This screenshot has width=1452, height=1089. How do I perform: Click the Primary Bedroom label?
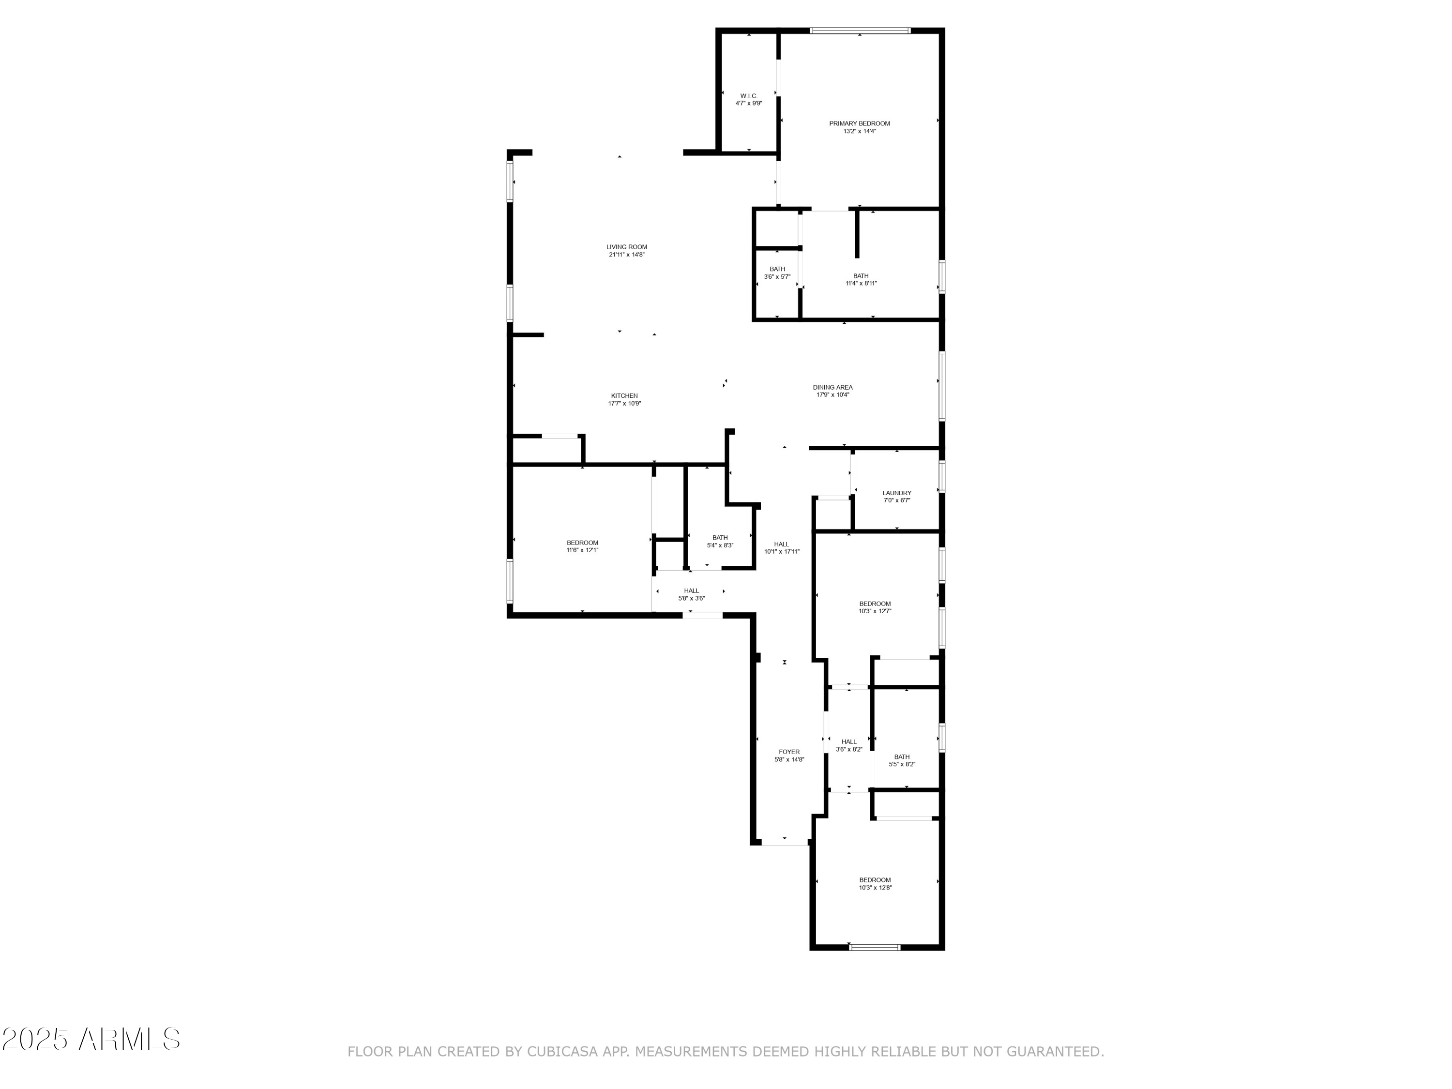(x=859, y=123)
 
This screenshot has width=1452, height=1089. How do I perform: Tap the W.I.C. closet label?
(x=748, y=96)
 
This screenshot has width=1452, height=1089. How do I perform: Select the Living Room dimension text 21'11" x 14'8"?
(x=626, y=255)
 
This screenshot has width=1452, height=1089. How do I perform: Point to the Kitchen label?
(x=624, y=396)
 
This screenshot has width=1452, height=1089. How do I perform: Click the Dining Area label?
(x=832, y=387)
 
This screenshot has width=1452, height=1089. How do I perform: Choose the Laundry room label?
(x=897, y=493)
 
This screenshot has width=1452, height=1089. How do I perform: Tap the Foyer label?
(x=789, y=752)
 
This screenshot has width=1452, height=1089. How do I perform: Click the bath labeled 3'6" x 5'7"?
(x=777, y=269)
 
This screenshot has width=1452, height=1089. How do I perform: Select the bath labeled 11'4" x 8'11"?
(x=861, y=276)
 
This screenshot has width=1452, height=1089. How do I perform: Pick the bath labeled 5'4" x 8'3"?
(x=720, y=538)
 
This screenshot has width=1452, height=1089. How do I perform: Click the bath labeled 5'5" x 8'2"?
(x=902, y=757)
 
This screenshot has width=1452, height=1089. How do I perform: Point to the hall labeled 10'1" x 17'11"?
(x=781, y=544)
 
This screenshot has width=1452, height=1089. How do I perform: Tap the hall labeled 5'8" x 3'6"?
(x=691, y=591)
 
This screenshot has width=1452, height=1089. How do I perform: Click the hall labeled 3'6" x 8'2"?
(x=849, y=742)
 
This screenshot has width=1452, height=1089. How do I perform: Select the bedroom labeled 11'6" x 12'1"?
(x=582, y=543)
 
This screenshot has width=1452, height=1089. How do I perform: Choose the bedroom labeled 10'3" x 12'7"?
(x=875, y=604)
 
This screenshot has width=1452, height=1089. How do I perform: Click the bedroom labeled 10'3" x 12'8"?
(x=875, y=880)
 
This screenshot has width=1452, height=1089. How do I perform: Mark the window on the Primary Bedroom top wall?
(x=860, y=30)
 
